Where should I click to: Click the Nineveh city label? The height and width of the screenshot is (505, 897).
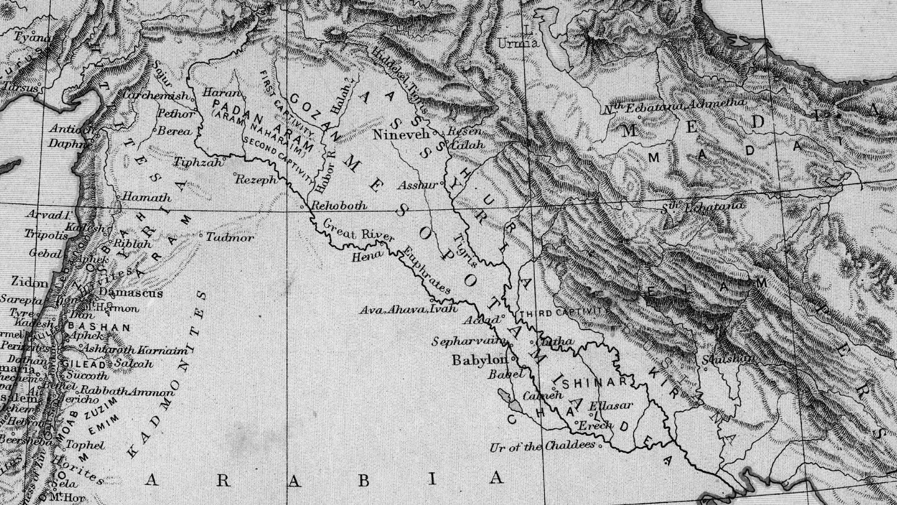400,135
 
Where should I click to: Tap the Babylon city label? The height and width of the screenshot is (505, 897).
479,360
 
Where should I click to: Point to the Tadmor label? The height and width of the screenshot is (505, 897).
230,237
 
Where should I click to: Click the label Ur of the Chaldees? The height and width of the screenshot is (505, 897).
542,447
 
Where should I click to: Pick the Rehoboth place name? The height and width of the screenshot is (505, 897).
339,205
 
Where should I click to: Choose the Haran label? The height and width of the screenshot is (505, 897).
221,93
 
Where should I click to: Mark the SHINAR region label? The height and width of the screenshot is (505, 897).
594,382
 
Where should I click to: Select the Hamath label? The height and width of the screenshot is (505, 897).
146,198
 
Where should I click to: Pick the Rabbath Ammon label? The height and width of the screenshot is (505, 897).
127,391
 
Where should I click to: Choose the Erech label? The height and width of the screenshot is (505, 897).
595,425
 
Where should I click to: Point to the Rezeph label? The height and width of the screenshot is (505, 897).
256,180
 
